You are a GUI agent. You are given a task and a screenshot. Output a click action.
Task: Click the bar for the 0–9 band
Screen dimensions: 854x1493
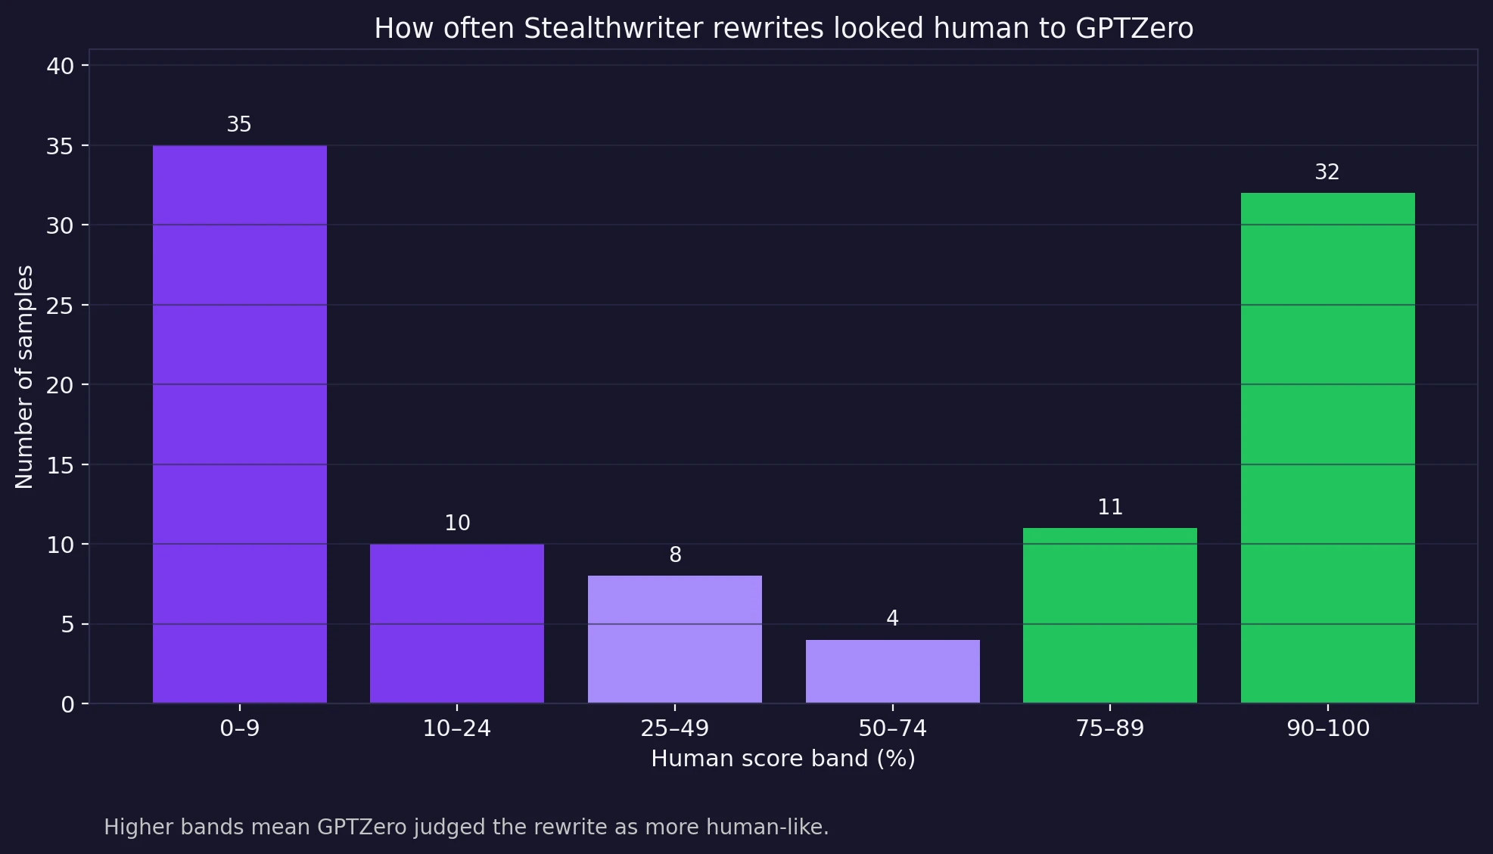click(239, 424)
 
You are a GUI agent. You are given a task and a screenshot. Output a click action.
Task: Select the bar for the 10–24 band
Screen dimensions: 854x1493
click(456, 623)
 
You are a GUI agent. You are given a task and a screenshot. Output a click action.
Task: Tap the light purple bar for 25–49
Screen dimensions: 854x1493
click(674, 639)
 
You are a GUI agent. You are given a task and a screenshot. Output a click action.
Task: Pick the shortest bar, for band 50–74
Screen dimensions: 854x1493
click(892, 672)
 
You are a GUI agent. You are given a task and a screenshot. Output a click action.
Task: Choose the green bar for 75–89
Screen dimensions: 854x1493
click(1109, 616)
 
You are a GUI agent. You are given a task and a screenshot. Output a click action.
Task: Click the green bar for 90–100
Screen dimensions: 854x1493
click(1327, 448)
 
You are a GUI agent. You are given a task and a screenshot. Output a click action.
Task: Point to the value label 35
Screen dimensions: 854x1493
click(239, 124)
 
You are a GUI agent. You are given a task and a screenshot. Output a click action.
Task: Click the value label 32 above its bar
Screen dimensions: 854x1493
click(1327, 172)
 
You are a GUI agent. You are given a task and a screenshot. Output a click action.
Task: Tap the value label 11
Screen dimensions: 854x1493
click(1109, 507)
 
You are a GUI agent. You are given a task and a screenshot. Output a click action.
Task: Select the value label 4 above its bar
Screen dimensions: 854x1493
click(892, 619)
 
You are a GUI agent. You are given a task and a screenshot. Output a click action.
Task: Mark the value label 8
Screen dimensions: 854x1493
click(675, 555)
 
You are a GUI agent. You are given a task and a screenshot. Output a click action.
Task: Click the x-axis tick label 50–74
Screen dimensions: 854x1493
click(892, 728)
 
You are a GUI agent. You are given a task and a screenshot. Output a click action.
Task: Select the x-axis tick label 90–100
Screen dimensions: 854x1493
click(1327, 728)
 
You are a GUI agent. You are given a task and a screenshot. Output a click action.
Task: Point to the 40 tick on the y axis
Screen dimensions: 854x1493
click(61, 67)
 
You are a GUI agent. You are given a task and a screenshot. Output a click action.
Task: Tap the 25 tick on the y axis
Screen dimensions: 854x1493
click(61, 306)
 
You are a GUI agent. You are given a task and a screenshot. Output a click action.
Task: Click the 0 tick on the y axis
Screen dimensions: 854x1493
click(68, 704)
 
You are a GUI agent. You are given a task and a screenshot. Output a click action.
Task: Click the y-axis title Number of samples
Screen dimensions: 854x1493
click(24, 377)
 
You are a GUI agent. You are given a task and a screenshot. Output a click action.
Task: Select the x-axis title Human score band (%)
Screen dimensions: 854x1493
click(782, 759)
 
